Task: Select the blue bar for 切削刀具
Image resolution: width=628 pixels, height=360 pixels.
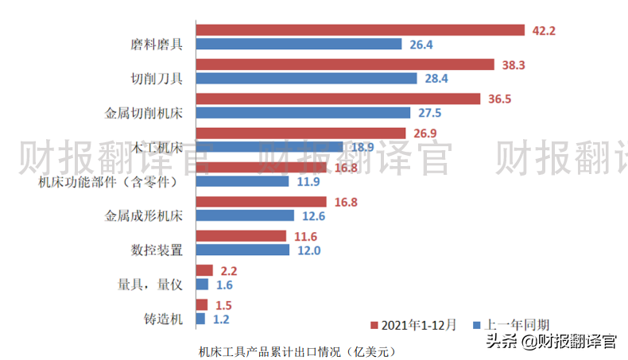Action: click(x=306, y=79)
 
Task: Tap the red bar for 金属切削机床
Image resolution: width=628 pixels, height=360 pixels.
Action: click(x=338, y=99)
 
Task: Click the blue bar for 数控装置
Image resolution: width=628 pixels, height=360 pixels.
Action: click(x=242, y=250)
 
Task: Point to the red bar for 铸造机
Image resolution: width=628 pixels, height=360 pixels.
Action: click(x=201, y=305)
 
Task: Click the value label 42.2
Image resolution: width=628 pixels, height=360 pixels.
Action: click(x=545, y=31)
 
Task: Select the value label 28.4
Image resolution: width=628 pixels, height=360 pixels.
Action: click(x=436, y=79)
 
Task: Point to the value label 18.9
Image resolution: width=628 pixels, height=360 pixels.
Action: click(x=362, y=147)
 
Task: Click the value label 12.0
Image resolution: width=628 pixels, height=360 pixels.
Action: click(x=308, y=250)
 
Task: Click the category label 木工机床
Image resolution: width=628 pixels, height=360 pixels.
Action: click(x=154, y=147)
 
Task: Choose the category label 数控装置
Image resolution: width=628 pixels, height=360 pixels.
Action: click(x=157, y=250)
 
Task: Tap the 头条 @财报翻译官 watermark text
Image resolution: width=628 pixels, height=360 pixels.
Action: click(x=551, y=342)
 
